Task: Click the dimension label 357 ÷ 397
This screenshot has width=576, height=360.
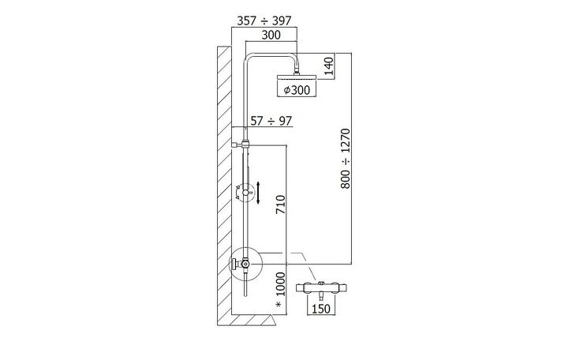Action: pos(264,21)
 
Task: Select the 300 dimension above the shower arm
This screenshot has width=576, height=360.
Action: pos(271,35)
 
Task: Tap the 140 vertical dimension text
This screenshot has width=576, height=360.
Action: pos(329,66)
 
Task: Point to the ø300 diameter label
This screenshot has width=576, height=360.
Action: pos(297,90)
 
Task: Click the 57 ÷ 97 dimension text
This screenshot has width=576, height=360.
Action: pos(271,121)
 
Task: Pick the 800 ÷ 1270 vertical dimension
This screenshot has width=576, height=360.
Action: pos(346,159)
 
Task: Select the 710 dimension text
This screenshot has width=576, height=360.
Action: pos(280,204)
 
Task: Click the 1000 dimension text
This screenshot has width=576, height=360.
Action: pos(280,284)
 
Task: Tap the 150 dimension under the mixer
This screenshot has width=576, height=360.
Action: pos(320,309)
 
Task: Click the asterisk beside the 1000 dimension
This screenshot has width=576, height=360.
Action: pos(279,305)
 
